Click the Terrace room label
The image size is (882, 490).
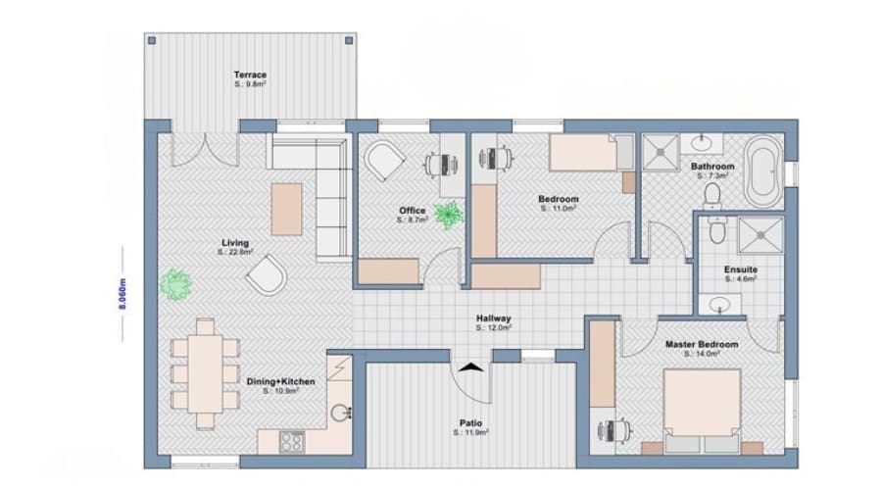pyautogui.click(x=250, y=74)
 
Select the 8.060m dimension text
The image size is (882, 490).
pyautogui.click(x=123, y=293)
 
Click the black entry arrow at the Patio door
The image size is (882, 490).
pyautogui.click(x=472, y=367)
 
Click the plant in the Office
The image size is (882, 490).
pyautogui.click(x=450, y=214)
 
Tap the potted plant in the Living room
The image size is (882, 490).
pyautogui.click(x=178, y=284)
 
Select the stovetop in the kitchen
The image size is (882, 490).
pyautogui.click(x=292, y=441)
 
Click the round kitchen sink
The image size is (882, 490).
pyautogui.click(x=340, y=414)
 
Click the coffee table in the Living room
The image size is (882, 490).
pyautogui.click(x=287, y=208)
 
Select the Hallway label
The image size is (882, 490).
pyautogui.click(x=493, y=318)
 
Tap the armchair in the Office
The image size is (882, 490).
pyautogui.click(x=385, y=158)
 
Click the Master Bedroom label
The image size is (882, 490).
pyautogui.click(x=702, y=345)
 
